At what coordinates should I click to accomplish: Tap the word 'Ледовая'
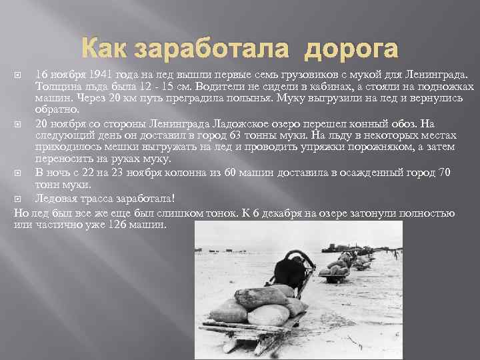point(59,198)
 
